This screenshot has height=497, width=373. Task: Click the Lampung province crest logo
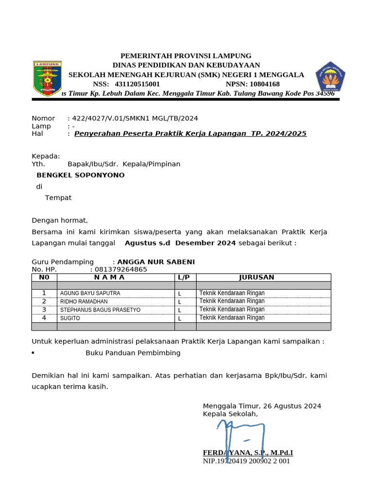coord(47,78)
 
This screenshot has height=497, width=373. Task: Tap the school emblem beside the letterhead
coord(330,77)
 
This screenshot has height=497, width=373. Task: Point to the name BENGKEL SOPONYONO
coord(81,175)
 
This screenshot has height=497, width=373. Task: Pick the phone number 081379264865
coord(121,269)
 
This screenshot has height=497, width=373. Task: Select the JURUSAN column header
coord(256,277)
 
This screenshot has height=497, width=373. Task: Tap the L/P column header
coord(184,277)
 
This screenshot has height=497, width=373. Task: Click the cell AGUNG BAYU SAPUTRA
coord(90,293)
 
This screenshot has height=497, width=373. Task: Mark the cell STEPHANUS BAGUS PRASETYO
coord(100,310)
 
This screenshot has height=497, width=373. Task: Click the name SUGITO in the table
coord(70,318)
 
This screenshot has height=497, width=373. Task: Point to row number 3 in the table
coord(44,310)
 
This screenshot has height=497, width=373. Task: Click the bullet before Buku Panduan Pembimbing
coord(33,353)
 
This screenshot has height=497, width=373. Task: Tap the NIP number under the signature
coord(246,461)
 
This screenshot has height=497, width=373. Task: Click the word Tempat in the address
coord(58,198)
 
